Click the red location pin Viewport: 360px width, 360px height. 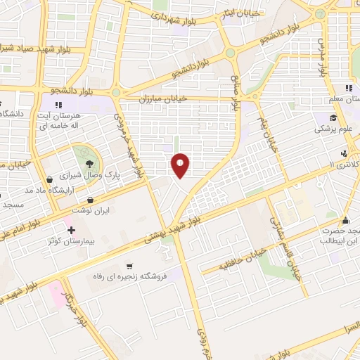tap(181, 165)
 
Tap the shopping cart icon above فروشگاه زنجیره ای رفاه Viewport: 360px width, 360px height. tap(130, 266)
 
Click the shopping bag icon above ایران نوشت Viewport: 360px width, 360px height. tap(91, 200)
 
